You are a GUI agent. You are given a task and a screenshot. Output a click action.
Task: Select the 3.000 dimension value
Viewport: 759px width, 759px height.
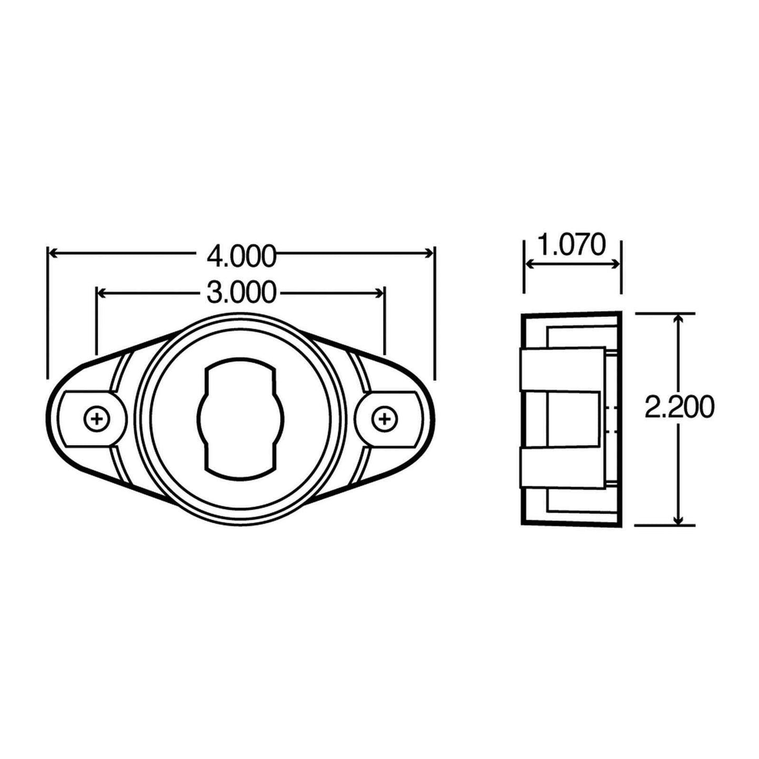241,293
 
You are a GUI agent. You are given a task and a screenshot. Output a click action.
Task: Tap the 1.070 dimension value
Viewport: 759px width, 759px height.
573,245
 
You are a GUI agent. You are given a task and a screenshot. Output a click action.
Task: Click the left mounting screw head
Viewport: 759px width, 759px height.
96,419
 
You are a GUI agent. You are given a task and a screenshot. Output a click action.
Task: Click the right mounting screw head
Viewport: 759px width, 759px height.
384,419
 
